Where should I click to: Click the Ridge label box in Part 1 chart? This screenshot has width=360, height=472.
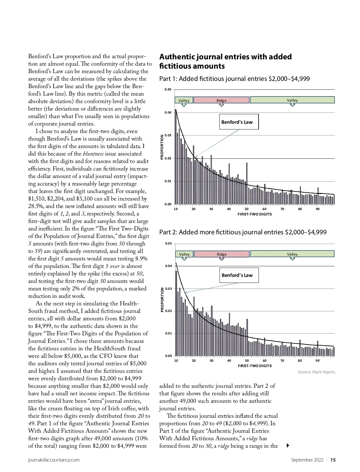221,100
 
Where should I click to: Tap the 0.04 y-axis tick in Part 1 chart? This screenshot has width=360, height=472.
168,113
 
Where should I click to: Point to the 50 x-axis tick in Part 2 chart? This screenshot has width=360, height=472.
247,361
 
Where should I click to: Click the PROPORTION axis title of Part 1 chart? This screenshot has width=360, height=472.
162,147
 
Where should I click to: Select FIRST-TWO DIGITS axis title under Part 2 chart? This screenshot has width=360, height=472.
255,366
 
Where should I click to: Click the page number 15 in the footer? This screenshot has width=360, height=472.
333,460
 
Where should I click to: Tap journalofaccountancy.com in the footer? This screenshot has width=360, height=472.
54,460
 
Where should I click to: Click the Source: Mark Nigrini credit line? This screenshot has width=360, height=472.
316,372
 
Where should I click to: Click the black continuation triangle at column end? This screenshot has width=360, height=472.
288,446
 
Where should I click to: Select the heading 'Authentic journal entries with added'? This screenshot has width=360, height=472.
225,57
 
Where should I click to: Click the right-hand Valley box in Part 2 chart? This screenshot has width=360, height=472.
292,254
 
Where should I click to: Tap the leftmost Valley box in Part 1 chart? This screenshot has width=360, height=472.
184,100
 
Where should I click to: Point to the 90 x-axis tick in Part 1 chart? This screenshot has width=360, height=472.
318,209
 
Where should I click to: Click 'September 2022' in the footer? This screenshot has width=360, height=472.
307,460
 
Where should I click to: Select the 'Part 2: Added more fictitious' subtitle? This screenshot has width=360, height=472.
243,232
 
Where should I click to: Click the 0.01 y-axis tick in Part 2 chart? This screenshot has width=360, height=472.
169,333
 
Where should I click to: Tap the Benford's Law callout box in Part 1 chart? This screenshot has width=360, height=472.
239,122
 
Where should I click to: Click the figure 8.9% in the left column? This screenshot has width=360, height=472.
141,259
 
